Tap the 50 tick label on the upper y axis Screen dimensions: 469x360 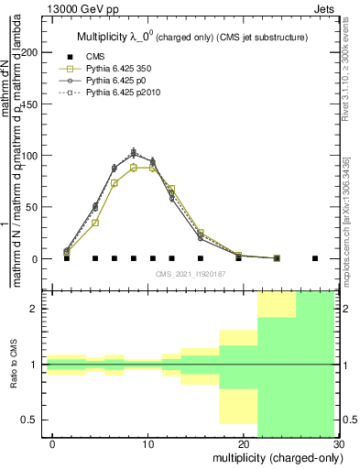click(33, 207)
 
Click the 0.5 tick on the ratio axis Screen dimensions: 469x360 click(32, 420)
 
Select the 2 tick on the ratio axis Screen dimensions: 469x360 click(37, 309)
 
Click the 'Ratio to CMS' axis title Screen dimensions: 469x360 click(13, 365)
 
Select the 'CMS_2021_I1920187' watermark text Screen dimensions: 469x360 click(192, 273)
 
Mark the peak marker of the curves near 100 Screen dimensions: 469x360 click(134, 152)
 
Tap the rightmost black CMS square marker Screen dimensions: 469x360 click(315, 258)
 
